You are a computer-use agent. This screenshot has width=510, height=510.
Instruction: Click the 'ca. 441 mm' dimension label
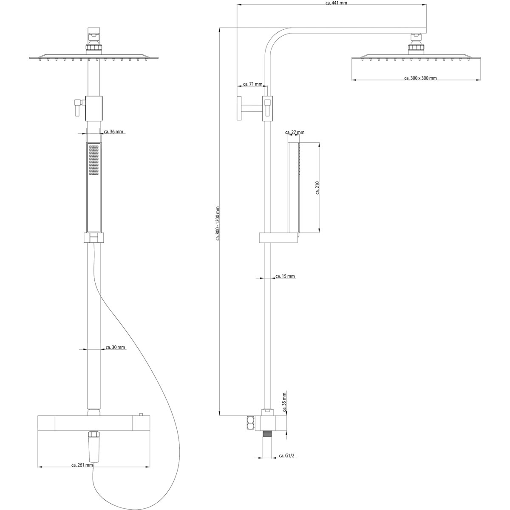(336, 3)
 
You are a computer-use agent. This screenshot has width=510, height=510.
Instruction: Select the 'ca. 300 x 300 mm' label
(421, 78)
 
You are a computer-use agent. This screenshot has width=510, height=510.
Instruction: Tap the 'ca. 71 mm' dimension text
(252, 84)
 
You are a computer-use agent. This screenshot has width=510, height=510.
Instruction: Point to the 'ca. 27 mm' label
(295, 132)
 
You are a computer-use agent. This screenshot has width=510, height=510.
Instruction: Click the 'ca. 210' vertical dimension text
(317, 188)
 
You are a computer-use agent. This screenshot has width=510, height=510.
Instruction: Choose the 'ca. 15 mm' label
(285, 276)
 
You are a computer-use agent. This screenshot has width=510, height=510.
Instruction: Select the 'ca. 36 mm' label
(113, 131)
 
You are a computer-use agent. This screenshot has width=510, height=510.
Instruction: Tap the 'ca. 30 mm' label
(116, 347)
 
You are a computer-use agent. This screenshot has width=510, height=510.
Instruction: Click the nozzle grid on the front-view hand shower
(94, 160)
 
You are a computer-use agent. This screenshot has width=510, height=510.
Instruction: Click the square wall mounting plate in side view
(239, 108)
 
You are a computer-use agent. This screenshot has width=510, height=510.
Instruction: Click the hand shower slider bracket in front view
(94, 238)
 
